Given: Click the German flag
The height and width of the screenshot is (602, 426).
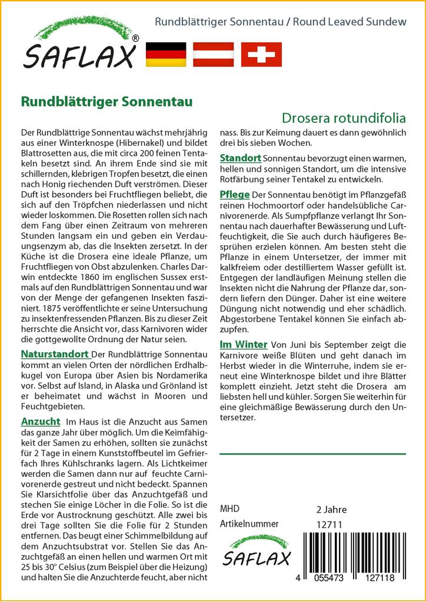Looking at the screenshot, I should click(165, 54).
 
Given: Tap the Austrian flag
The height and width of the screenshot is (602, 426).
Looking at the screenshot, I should click(214, 54).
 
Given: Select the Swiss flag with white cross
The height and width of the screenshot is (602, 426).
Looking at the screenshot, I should click(261, 54).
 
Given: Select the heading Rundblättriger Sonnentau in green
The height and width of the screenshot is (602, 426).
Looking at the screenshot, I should click(106, 101).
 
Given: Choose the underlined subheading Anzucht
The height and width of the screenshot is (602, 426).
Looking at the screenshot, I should click(40, 422).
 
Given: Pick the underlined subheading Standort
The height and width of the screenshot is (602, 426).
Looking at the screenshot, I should click(240, 158).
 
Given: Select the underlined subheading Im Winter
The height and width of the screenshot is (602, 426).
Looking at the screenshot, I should click(244, 344).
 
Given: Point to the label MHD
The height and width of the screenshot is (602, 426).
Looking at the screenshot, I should click(229, 509).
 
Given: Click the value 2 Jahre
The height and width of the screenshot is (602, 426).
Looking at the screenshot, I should click(331, 509).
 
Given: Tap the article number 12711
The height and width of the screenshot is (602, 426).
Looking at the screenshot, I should click(330, 524).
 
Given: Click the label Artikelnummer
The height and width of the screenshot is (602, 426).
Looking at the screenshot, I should click(249, 524).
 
